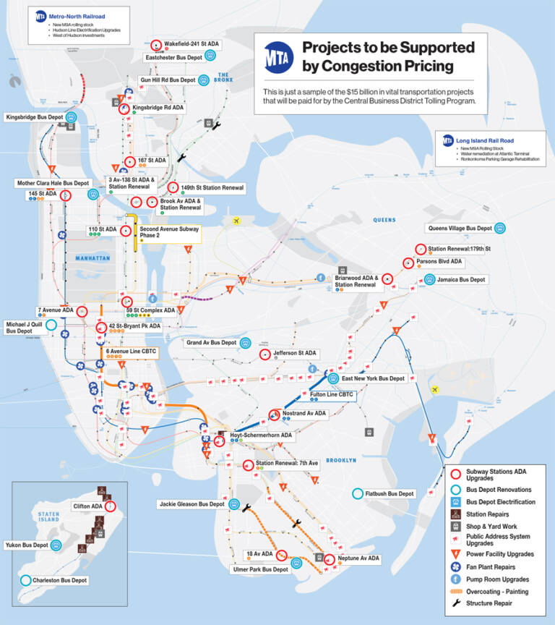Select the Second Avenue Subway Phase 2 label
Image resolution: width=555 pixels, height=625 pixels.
169,234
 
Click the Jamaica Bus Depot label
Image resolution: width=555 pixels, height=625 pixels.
462,279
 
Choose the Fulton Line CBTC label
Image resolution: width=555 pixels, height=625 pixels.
331,394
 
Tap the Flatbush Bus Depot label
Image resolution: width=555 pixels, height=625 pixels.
390,494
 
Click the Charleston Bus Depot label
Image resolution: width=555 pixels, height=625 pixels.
60,580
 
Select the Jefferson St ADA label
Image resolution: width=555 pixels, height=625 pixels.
295,354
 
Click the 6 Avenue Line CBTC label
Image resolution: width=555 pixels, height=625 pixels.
132,352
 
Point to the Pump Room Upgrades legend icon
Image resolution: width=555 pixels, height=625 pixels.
455,579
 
